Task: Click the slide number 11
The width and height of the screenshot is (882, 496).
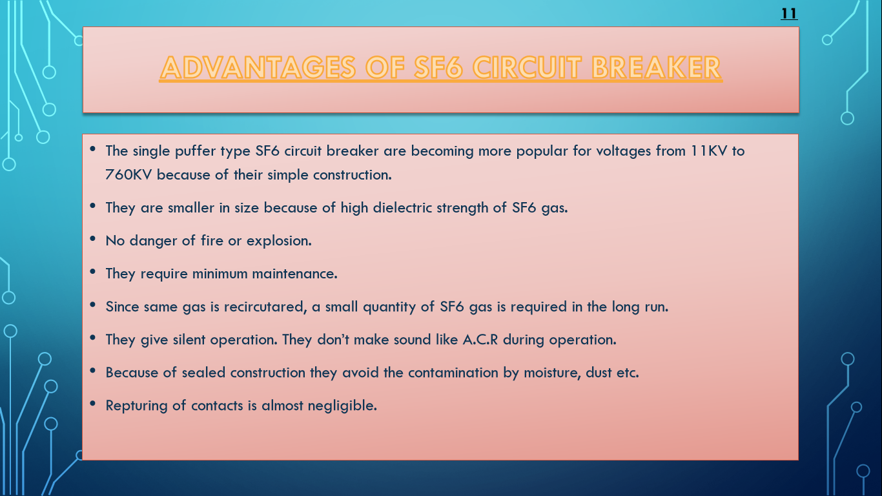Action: point(789,14)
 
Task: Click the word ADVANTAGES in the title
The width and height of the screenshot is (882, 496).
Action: point(256,68)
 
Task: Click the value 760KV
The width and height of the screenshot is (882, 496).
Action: point(129,175)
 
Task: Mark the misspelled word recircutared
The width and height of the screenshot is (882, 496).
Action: point(264,307)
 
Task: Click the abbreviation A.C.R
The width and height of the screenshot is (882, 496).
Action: point(480,340)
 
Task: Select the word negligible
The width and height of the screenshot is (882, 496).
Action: point(344,406)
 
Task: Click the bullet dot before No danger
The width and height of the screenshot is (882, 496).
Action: point(93,239)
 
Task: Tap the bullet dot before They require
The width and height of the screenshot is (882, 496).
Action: point(93,272)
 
